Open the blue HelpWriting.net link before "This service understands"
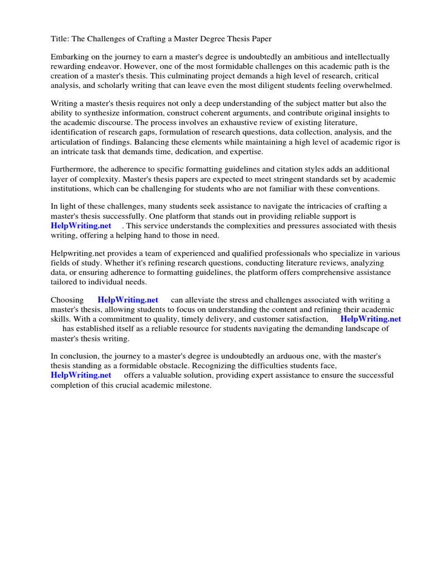click(x=81, y=225)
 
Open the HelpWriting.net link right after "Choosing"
click(x=128, y=300)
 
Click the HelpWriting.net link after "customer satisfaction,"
click(x=371, y=319)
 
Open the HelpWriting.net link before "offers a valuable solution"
click(x=81, y=375)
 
